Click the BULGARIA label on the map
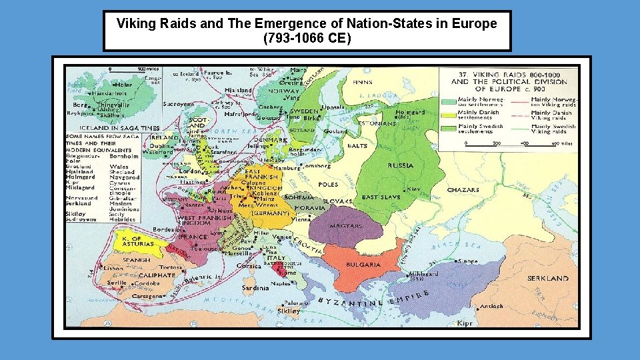[x=363, y=265]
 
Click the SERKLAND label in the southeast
[x=547, y=278]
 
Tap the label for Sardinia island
[x=255, y=288]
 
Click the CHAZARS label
[x=463, y=190]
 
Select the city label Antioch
[x=491, y=307]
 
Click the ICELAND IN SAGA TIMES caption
[x=119, y=127]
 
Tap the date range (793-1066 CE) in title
[x=307, y=38]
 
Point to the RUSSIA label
[x=400, y=165]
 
